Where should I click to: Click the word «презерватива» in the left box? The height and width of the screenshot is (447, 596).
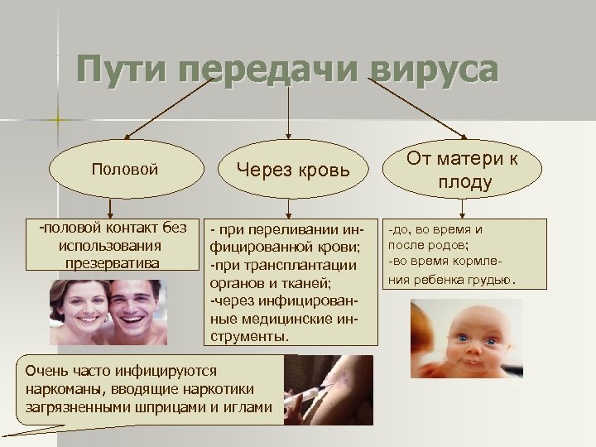pyautogui.click(x=110, y=262)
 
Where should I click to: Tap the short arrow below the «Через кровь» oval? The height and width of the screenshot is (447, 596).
pyautogui.click(x=288, y=207)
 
